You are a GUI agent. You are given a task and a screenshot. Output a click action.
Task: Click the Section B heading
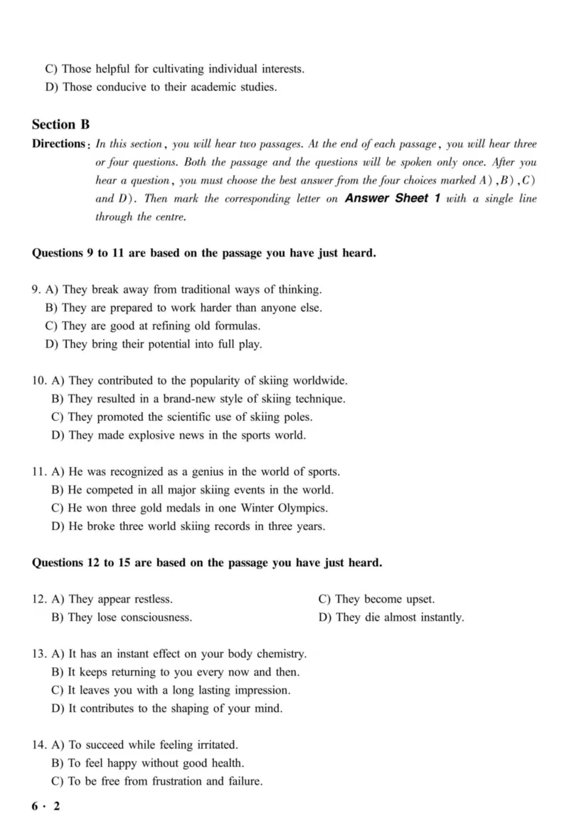(60, 124)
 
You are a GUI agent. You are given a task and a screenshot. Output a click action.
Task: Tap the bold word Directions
(58, 144)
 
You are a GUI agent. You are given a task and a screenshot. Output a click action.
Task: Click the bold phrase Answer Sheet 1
(387, 199)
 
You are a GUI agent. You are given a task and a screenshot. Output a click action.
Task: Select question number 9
(36, 290)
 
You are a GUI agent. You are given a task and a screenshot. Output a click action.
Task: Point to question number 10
(39, 381)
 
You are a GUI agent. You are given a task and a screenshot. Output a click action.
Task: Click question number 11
(39, 472)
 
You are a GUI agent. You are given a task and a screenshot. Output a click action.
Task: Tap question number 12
(39, 599)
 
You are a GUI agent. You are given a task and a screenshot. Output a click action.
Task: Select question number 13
(39, 654)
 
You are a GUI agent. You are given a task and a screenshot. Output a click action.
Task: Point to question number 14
(39, 745)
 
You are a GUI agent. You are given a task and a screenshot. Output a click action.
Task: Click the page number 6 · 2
(46, 805)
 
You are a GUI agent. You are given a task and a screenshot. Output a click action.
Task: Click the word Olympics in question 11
(301, 509)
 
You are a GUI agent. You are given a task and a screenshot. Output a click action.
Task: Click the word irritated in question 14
(212, 745)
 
